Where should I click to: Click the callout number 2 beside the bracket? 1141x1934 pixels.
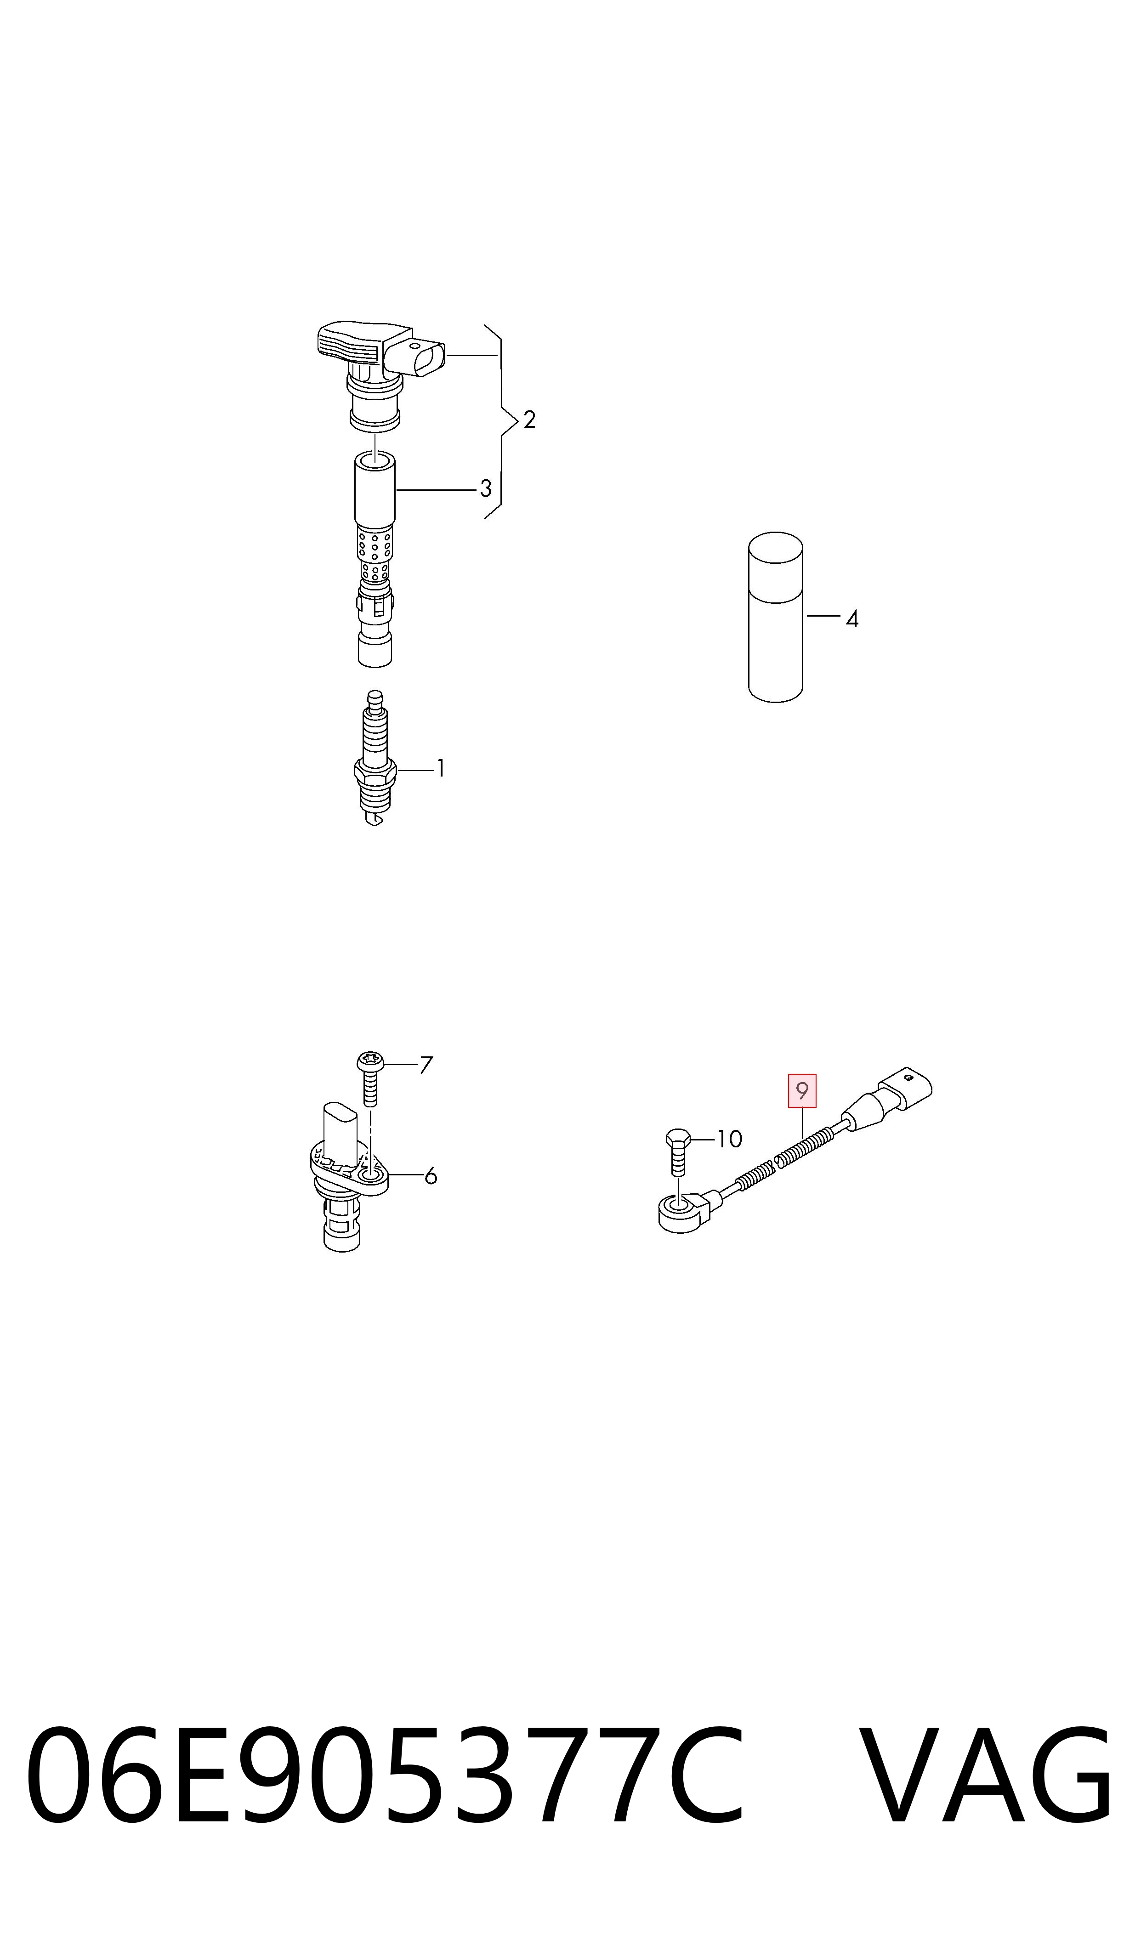coord(529,420)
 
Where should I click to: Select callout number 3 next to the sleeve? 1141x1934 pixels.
coord(485,488)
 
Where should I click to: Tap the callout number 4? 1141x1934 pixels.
coord(852,619)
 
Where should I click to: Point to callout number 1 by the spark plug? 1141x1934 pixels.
coord(441,768)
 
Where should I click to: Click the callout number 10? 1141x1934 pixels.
coord(730,1139)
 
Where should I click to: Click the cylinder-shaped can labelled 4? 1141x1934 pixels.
coord(776,617)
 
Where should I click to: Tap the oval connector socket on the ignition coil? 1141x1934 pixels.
coord(416,359)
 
